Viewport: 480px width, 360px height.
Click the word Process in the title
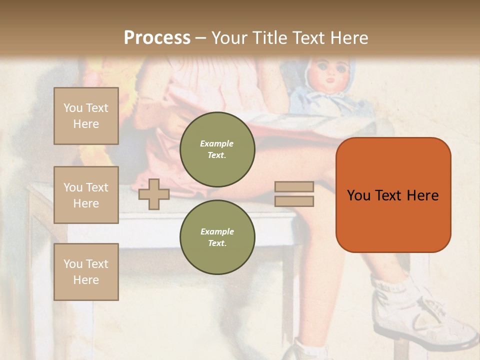pyautogui.click(x=157, y=38)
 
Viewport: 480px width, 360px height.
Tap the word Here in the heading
pyautogui.click(x=348, y=38)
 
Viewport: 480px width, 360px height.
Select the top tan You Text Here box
pyautogui.click(x=86, y=116)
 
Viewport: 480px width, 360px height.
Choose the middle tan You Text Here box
pyautogui.click(x=86, y=195)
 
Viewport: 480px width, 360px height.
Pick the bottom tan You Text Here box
pyautogui.click(x=86, y=272)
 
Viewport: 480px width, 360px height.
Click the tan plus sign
pyautogui.click(x=154, y=194)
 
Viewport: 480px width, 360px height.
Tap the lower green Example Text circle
pyautogui.click(x=217, y=237)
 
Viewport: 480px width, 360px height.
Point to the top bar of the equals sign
pyautogui.click(x=294, y=187)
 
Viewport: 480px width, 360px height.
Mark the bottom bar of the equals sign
pyautogui.click(x=294, y=201)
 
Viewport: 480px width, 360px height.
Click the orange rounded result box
pyautogui.click(x=393, y=220)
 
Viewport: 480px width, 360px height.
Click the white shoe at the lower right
pyautogui.click(x=430, y=320)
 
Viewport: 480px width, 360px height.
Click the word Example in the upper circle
pyautogui.click(x=217, y=143)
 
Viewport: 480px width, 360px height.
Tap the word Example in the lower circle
pyautogui.click(x=217, y=231)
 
